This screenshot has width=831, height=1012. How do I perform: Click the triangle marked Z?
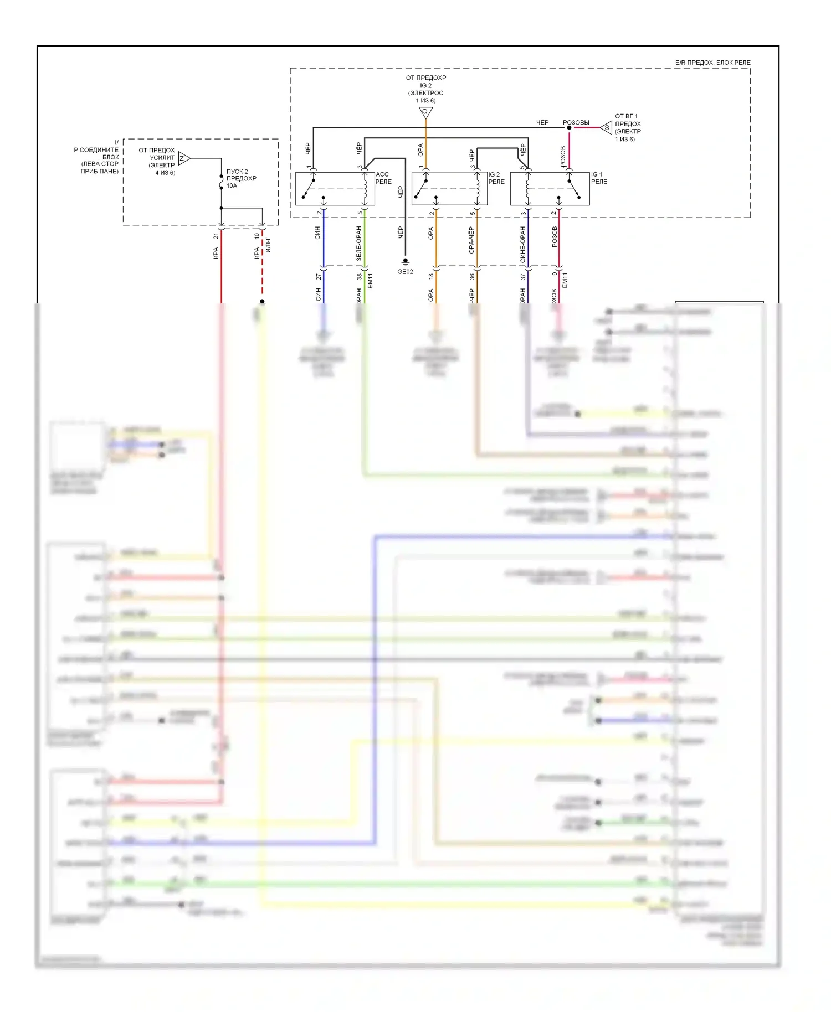coord(184,158)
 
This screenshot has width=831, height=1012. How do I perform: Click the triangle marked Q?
coord(425,112)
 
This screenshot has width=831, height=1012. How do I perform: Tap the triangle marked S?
coord(607,128)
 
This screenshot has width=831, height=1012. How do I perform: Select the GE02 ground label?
coord(405,272)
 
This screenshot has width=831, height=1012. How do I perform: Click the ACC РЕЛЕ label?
coord(383,178)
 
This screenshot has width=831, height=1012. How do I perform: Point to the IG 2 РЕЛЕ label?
coord(496,178)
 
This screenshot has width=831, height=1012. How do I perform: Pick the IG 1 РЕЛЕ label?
coord(599,178)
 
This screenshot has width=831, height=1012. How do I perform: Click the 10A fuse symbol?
coord(221,181)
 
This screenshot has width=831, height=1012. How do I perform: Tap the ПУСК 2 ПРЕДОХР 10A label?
coord(241,178)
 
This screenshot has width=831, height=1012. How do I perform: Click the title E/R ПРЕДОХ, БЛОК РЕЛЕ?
coord(712,63)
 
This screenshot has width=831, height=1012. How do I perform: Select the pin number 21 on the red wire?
coord(216,236)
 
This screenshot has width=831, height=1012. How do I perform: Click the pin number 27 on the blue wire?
coord(318,277)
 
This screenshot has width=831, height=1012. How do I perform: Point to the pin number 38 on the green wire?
coord(359,277)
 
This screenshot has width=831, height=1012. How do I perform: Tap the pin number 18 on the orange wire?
coord(431,276)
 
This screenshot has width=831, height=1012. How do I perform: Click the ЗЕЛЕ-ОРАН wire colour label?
coord(358,244)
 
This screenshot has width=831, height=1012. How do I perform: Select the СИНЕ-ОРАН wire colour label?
coord(522,244)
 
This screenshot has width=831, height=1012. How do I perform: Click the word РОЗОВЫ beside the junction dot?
coord(576,122)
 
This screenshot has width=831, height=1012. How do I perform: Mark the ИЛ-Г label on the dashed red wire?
coord(268,244)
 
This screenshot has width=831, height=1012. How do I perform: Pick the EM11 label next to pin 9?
coord(565,280)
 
